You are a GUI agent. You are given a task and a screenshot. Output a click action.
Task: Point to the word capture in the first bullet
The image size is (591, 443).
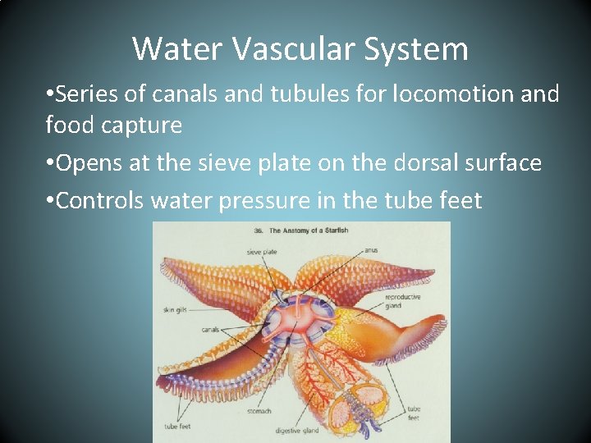pos(141,125)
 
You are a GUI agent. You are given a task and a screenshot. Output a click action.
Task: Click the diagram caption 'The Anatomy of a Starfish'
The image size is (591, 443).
pos(309,231)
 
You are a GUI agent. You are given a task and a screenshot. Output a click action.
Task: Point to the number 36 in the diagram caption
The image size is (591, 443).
pos(259,231)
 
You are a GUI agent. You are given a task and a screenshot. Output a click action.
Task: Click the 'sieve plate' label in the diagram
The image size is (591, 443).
pos(260,252)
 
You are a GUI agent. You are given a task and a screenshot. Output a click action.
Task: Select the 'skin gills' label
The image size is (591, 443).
pos(174,310)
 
